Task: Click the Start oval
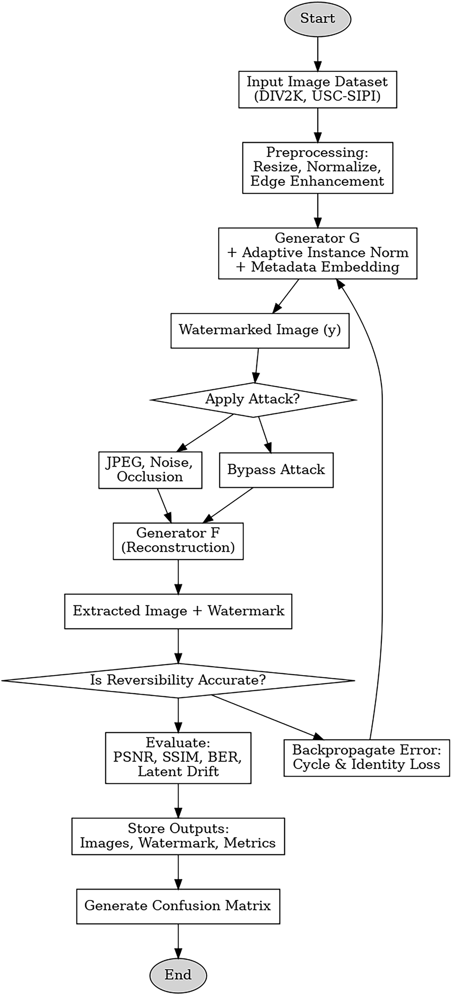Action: point(317,19)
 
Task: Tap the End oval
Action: point(178,975)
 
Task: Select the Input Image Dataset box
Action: point(317,89)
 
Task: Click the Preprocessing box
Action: point(317,167)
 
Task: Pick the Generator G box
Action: point(317,253)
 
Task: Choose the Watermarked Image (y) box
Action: point(260,330)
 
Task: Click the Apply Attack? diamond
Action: point(253,399)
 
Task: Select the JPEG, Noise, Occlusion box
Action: point(150,469)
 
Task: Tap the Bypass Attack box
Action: point(276,469)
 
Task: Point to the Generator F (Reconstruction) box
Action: point(178,541)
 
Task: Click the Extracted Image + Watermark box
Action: point(178,611)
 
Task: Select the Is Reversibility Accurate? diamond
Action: point(178,680)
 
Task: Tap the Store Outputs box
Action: point(178,836)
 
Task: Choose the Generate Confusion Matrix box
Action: point(178,906)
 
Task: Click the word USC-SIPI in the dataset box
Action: point(346,96)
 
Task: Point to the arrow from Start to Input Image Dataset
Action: point(317,53)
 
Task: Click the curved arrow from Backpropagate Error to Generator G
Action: point(382,485)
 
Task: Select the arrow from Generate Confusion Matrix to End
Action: point(178,942)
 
